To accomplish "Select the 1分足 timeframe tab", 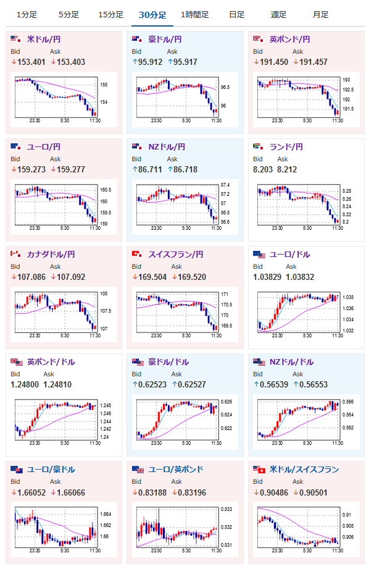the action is click(27, 15).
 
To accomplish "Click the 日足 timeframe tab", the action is click(236, 15).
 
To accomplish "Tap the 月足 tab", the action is click(320, 15).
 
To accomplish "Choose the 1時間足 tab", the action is click(194, 15).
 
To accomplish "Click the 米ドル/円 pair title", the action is click(44, 40).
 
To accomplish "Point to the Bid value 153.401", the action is click(31, 62).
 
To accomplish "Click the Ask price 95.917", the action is click(185, 62).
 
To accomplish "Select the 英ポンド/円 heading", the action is click(290, 40).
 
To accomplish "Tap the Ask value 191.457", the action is click(314, 62).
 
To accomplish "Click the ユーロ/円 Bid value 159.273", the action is click(31, 170).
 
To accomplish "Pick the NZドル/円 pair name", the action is click(167, 147).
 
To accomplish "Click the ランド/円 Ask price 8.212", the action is click(287, 170).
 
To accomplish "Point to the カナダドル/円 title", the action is click(51, 255).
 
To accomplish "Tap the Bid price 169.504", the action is click(152, 277).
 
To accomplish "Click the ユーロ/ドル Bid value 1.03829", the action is click(267, 277).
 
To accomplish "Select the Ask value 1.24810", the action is click(57, 385).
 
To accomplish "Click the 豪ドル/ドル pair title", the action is click(168, 362).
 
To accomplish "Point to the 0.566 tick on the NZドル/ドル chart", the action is click(348, 402).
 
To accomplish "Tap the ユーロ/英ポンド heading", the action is click(176, 470).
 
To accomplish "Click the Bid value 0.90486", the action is click(274, 493).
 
